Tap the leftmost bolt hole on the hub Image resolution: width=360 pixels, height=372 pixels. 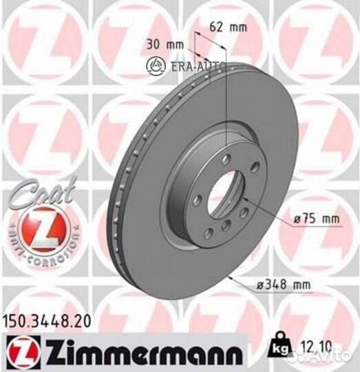point(198,200)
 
